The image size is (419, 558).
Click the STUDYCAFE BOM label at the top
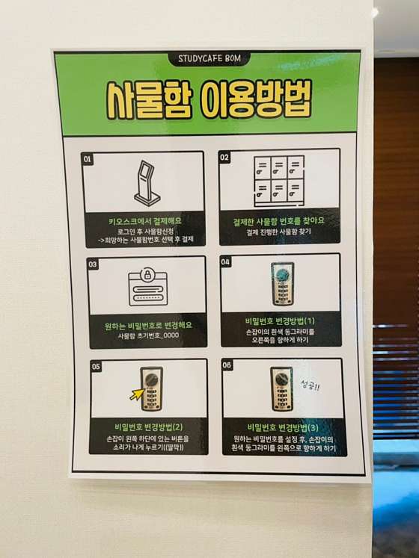pyautogui.click(x=209, y=59)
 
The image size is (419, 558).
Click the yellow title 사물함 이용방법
pyautogui.click(x=209, y=99)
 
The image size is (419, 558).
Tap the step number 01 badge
pyautogui.click(x=88, y=159)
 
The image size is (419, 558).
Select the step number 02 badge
pyautogui.click(x=224, y=158)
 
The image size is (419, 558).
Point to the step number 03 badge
pyautogui.click(x=92, y=264)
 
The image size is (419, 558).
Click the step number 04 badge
pyautogui.click(x=225, y=262)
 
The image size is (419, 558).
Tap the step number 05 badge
pyautogui.click(x=96, y=367)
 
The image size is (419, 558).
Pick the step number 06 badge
pyautogui.click(x=227, y=365)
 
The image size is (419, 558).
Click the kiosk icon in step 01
pyautogui.click(x=146, y=183)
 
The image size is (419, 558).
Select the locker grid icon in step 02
pyautogui.click(x=279, y=181)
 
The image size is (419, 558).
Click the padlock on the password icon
pyautogui.click(x=147, y=274)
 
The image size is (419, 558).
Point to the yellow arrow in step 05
pyautogui.click(x=137, y=394)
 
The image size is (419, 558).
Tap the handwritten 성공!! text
pyautogui.click(x=310, y=385)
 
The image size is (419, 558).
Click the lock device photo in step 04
pyautogui.click(x=282, y=284)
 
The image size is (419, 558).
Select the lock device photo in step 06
pyautogui.click(x=282, y=388)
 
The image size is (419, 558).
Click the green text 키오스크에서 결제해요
pyautogui.click(x=145, y=221)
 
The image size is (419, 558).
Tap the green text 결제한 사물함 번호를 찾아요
pyautogui.click(x=278, y=221)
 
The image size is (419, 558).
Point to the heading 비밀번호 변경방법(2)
pyautogui.click(x=148, y=427)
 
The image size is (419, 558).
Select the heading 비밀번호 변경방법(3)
pyautogui.click(x=283, y=427)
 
